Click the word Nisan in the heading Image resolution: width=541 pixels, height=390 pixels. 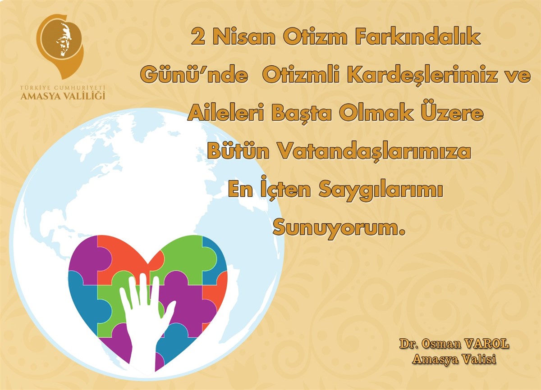coord(244,37)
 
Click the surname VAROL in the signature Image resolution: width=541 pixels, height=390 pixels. coord(487,344)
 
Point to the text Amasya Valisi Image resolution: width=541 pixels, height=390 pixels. coord(454,359)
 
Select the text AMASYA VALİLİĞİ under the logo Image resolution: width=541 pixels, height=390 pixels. coord(63,96)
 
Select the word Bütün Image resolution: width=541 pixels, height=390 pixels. coord(238,151)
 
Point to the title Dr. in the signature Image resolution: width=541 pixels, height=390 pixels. coord(408,344)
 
